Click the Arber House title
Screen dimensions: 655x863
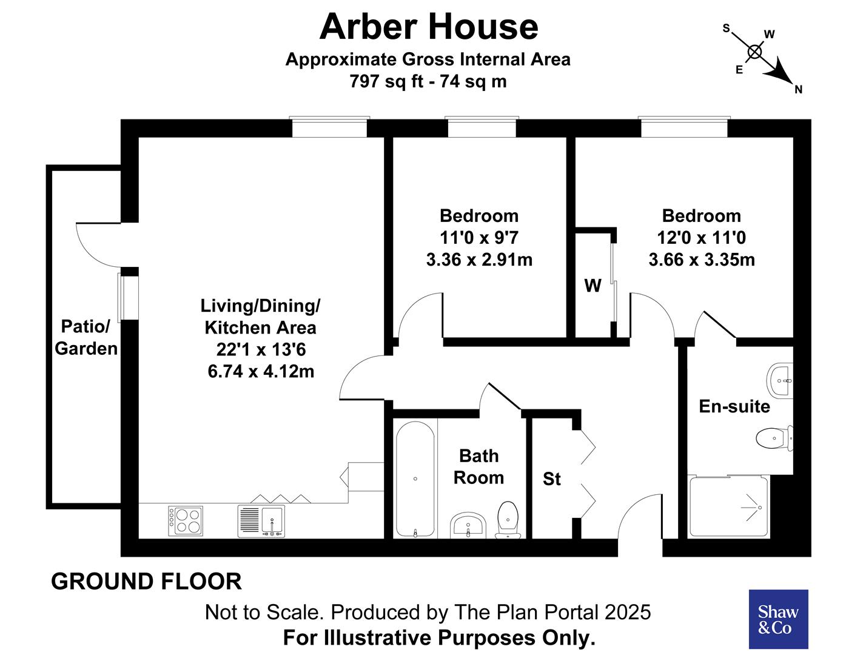point(429,27)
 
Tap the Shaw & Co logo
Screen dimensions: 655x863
point(778,619)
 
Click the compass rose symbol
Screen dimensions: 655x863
point(755,52)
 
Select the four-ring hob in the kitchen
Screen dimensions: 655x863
point(186,521)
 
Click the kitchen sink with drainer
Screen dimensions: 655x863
point(261,521)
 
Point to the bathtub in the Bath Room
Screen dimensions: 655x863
point(415,479)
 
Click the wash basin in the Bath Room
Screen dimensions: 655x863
point(468,525)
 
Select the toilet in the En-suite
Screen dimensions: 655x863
point(775,437)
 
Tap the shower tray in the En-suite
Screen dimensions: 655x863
point(729,506)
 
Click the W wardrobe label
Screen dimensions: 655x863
point(593,286)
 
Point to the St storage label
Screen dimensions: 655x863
point(552,479)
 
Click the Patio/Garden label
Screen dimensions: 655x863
point(86,337)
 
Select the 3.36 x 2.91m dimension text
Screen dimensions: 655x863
point(479,260)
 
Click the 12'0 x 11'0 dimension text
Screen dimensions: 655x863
point(702,238)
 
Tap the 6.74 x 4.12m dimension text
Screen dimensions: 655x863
point(261,371)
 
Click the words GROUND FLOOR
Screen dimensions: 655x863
point(146,581)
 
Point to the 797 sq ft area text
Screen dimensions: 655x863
point(386,81)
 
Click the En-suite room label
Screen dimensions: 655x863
point(734,406)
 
